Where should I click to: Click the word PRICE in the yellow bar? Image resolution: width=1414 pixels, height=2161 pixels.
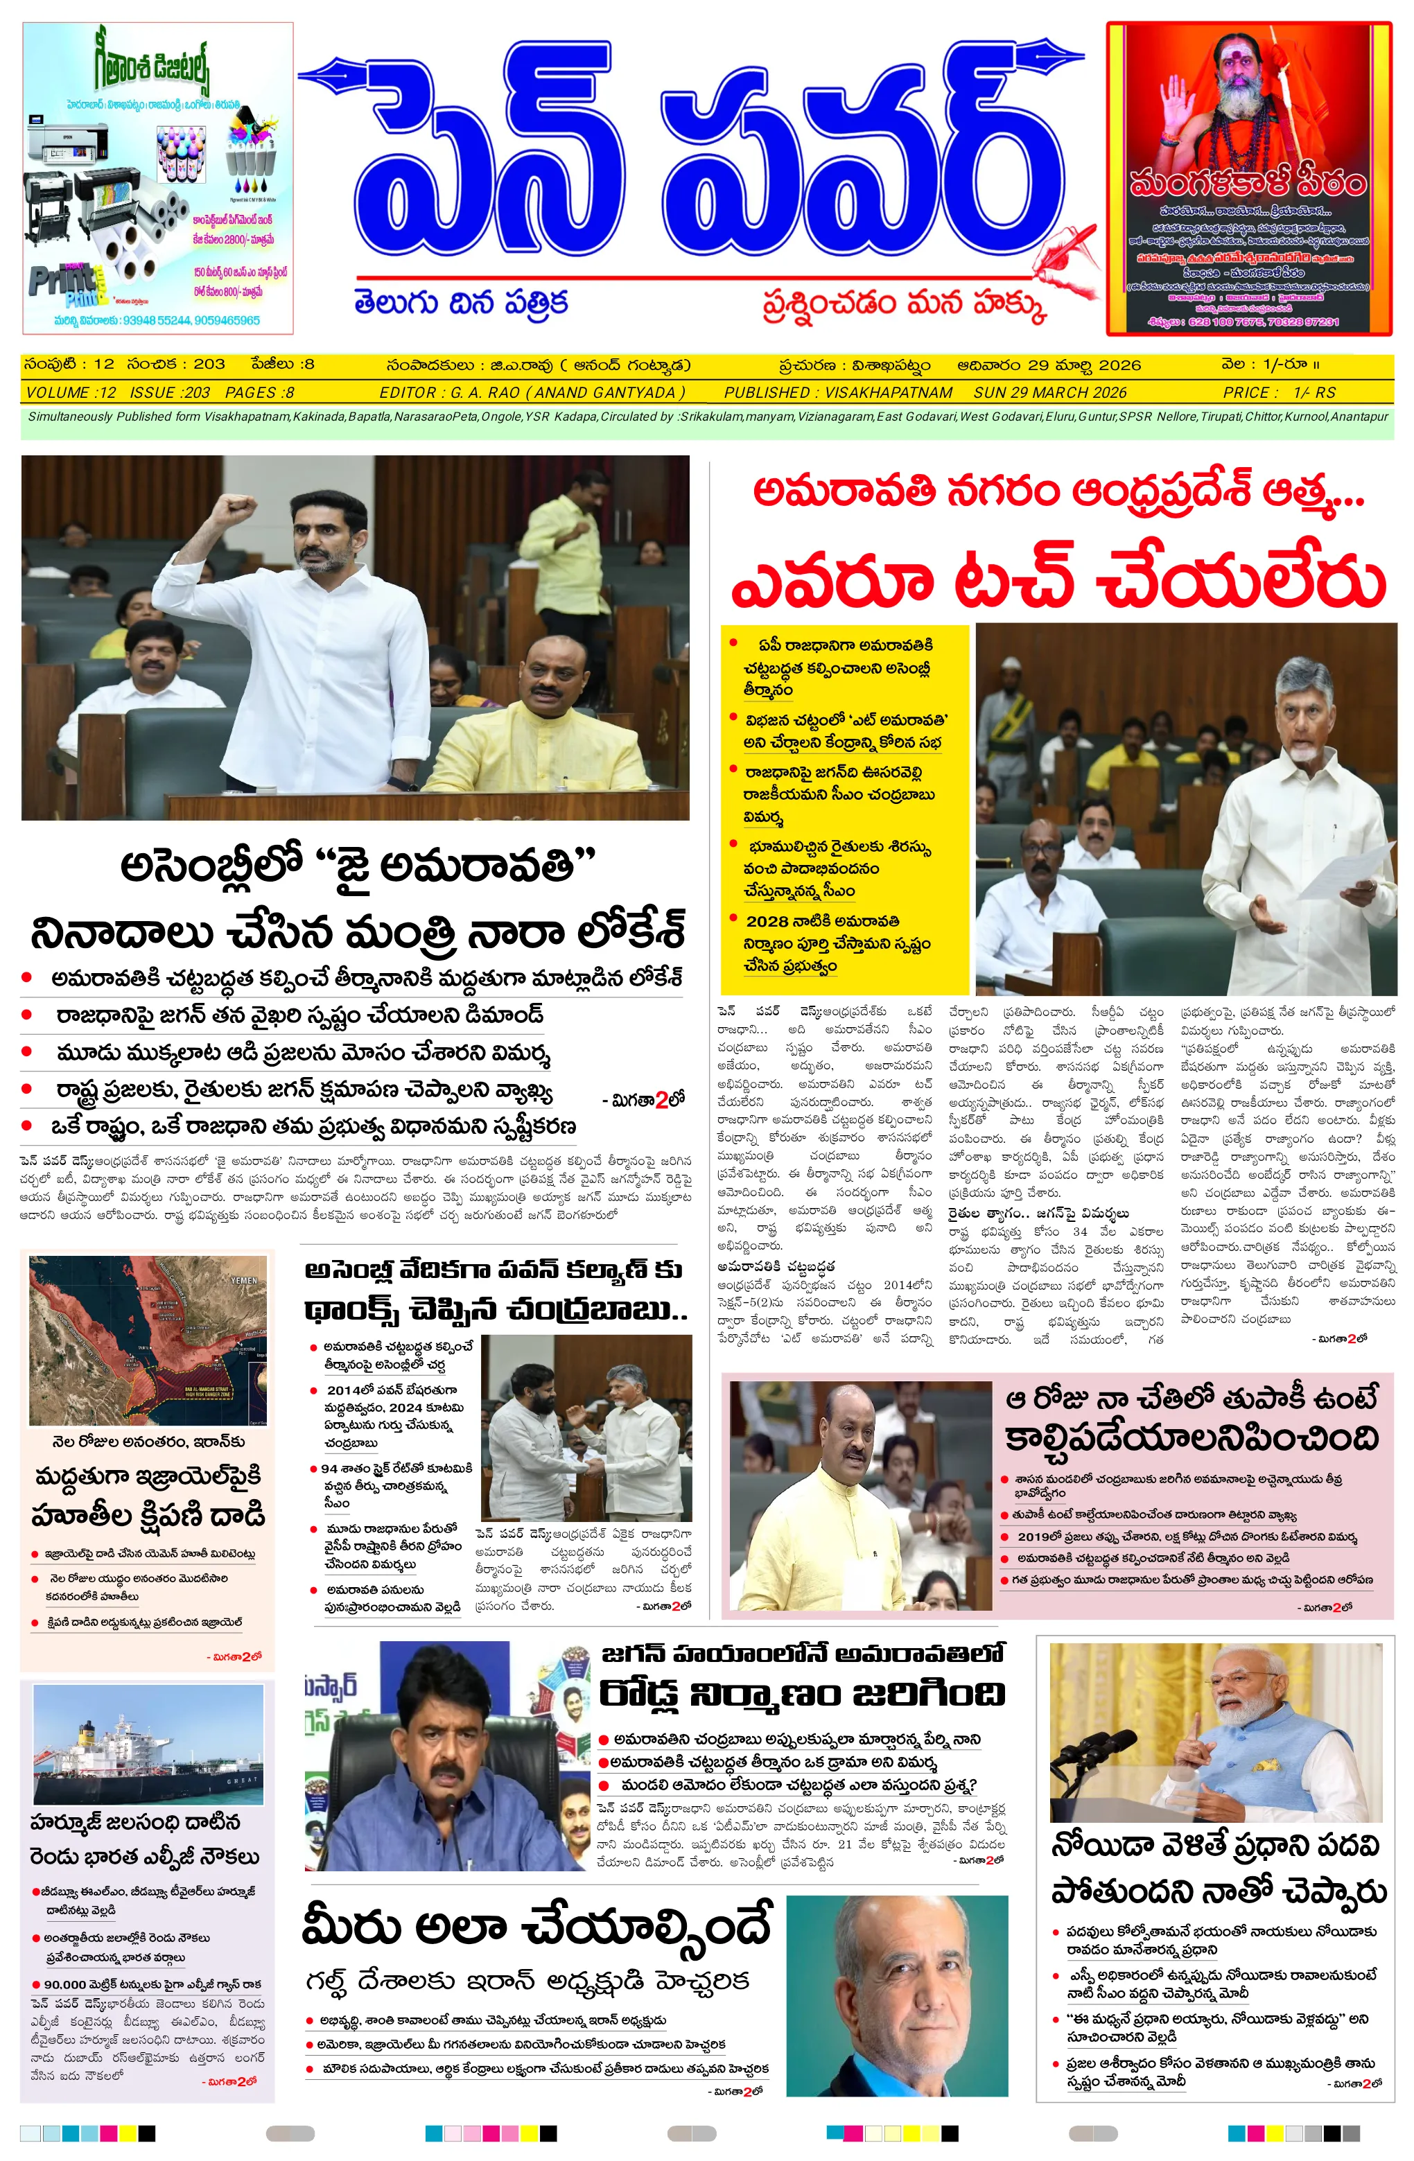click(x=1250, y=392)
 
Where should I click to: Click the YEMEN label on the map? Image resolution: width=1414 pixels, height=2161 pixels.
click(x=243, y=1279)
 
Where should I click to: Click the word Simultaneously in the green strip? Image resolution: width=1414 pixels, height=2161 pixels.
click(x=70, y=417)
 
